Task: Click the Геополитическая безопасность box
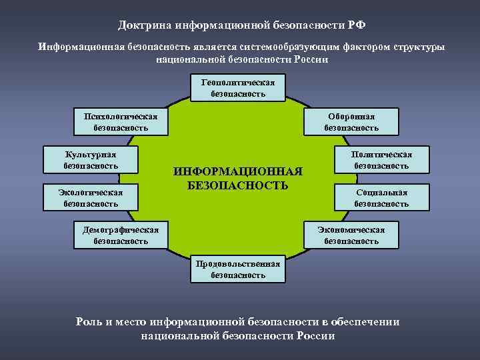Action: point(238,87)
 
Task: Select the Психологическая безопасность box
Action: point(120,121)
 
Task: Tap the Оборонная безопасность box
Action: point(351,121)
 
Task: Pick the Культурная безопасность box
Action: point(90,159)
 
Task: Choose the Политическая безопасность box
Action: point(381,159)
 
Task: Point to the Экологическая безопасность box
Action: point(90,197)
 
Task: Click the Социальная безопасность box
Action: point(381,197)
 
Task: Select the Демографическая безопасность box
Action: point(120,235)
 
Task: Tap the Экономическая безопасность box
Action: point(351,235)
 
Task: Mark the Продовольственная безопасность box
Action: point(238,269)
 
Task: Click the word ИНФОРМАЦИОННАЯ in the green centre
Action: point(238,171)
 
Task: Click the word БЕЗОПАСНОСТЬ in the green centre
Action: point(238,185)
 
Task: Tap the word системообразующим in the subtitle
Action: point(284,47)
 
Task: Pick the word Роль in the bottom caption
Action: point(90,321)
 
